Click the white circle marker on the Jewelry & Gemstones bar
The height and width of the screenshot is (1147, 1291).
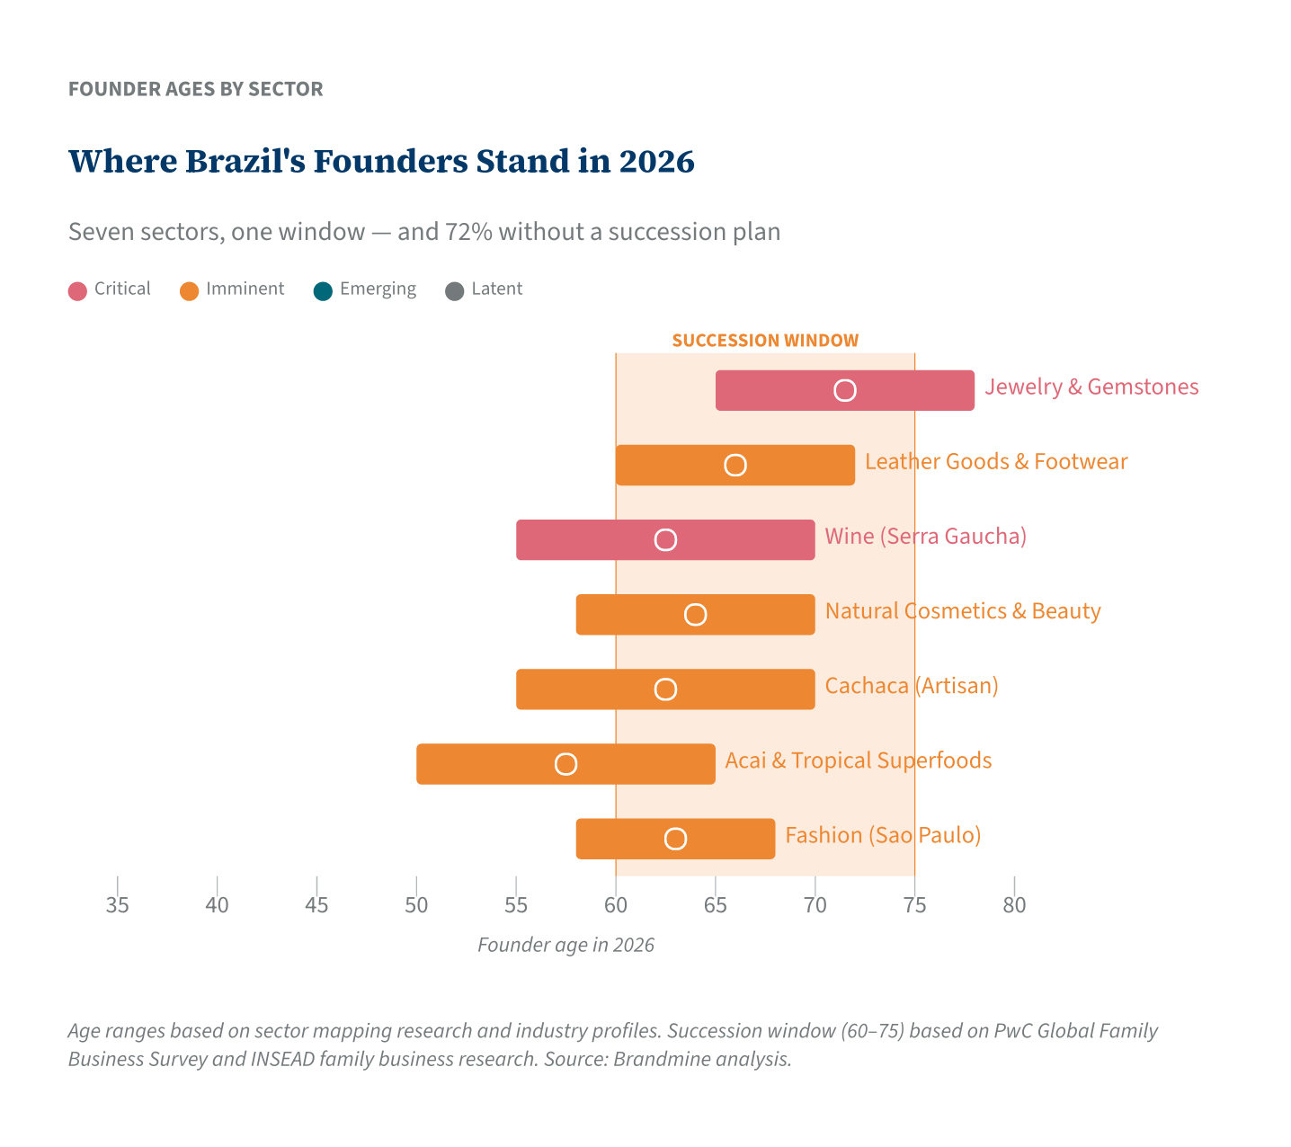click(x=844, y=390)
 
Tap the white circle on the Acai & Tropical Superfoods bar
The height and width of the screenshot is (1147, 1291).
click(x=565, y=764)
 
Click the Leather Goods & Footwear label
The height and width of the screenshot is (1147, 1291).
click(x=995, y=462)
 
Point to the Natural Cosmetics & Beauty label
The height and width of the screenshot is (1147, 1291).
click(x=962, y=611)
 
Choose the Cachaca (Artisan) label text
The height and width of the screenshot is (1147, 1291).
click(x=911, y=686)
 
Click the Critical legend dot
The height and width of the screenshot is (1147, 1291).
click(x=77, y=290)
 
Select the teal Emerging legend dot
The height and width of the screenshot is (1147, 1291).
click(x=323, y=290)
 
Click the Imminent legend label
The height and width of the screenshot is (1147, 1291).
click(x=245, y=289)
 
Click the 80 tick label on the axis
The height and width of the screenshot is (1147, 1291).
click(x=1013, y=905)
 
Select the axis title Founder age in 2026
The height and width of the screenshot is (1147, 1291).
click(x=565, y=945)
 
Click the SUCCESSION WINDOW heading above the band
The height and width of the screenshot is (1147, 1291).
click(x=765, y=341)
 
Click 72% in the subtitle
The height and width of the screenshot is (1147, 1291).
click(x=467, y=232)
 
